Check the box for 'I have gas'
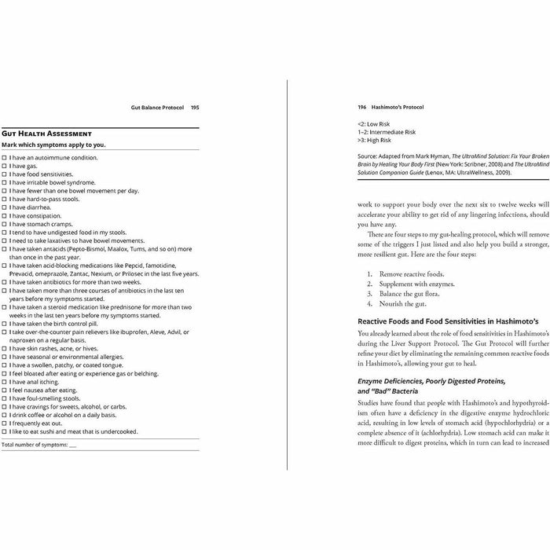4,167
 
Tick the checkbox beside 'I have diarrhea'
4,207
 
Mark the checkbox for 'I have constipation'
4,216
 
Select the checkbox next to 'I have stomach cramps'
4,224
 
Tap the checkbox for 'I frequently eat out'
4,423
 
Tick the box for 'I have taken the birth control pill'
4,323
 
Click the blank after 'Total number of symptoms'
73,445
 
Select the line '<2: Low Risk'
373,123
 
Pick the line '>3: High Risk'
374,140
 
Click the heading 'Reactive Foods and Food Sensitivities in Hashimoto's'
448,321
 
